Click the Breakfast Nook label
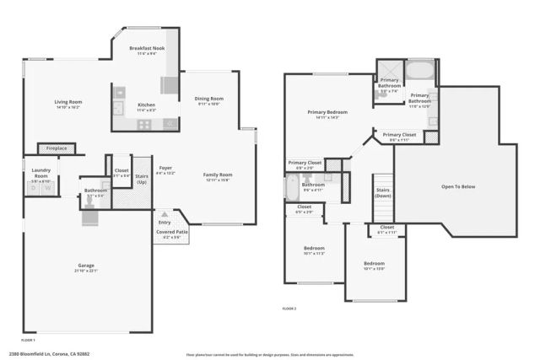147,50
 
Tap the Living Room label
67,102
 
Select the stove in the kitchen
144,124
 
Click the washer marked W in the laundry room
34,188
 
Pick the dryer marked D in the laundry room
46,188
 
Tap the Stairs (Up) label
142,179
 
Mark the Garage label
87,265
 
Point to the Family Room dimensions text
216,180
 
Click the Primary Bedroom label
327,112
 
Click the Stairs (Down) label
383,192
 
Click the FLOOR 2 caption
289,309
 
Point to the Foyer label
165,168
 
